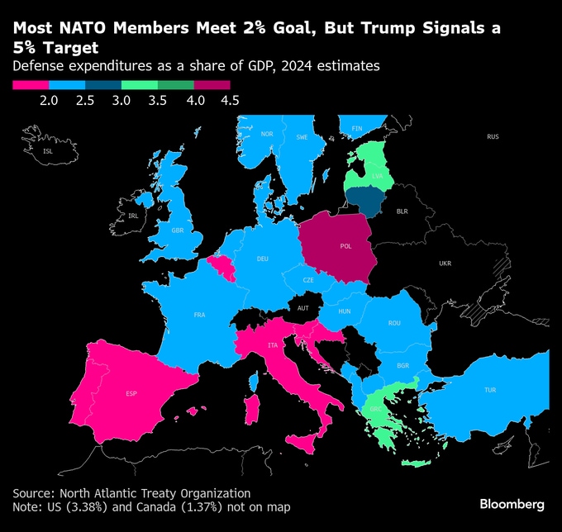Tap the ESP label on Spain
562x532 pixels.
pos(131,393)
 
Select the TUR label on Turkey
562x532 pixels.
pos(490,390)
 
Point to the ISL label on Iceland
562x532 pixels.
pos(47,151)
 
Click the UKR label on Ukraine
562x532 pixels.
pos(445,264)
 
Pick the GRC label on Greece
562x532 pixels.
pos(375,409)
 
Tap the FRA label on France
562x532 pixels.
pos(199,315)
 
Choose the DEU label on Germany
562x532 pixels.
pos(263,259)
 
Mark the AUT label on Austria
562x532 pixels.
pos(302,308)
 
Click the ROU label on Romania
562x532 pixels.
pos(394,322)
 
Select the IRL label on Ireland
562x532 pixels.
pos(133,216)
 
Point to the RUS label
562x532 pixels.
pos(493,136)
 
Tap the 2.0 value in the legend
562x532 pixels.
pos(48,101)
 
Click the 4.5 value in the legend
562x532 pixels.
pos(230,101)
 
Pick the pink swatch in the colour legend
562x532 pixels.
pos(31,84)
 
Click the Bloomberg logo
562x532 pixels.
pos(512,503)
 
